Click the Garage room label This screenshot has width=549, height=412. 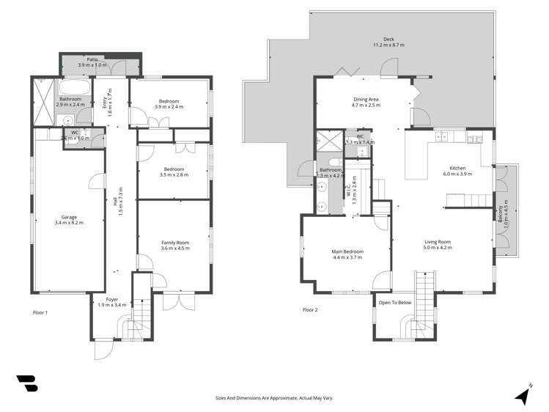point(69,219)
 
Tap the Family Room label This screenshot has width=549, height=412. point(175,245)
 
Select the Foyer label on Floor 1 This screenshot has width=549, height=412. point(112,301)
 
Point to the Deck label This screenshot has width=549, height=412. point(388,43)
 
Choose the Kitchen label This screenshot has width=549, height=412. point(457,171)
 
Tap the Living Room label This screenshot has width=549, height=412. point(438,244)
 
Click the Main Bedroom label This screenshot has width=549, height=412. point(348,254)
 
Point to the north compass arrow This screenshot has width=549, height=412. point(523,394)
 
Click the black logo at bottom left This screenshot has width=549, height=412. point(26,383)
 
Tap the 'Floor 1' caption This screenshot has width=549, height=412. point(40,312)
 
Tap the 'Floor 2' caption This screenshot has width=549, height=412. point(310,309)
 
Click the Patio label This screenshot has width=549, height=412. point(92,62)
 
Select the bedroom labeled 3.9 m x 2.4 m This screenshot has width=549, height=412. point(169,104)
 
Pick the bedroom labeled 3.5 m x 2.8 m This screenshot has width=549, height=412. point(174,172)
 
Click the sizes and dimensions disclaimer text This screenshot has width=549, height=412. point(274,397)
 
